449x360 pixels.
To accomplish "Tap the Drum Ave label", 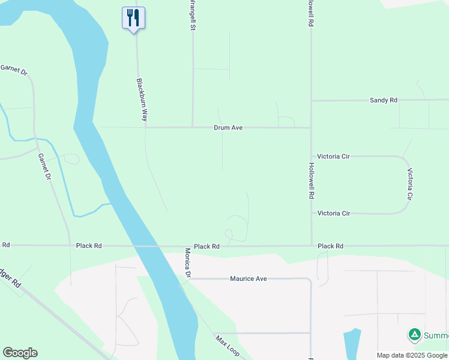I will (x=228, y=128).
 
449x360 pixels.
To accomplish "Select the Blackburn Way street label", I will (x=142, y=100).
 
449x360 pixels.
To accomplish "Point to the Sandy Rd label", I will (x=384, y=100).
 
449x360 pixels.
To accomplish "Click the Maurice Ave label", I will (x=249, y=279).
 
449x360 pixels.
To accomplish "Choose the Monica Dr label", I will (x=188, y=263).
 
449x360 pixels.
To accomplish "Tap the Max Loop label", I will (x=228, y=346).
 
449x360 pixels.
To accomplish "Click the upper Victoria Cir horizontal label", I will (x=333, y=157).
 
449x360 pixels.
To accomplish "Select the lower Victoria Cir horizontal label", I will (x=333, y=214).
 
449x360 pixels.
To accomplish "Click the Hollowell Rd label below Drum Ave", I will (x=311, y=181).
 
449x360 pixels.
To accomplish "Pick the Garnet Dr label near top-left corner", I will (x=14, y=70).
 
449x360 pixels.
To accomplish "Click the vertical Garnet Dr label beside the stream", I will (x=43, y=167).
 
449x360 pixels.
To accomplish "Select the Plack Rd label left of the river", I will (x=89, y=246).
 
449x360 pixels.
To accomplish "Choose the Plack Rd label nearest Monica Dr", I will (x=206, y=247).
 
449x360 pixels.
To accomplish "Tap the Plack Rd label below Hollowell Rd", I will (x=330, y=247).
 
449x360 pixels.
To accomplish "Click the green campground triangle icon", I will (x=414, y=335).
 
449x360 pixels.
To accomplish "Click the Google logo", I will (x=20, y=353).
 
